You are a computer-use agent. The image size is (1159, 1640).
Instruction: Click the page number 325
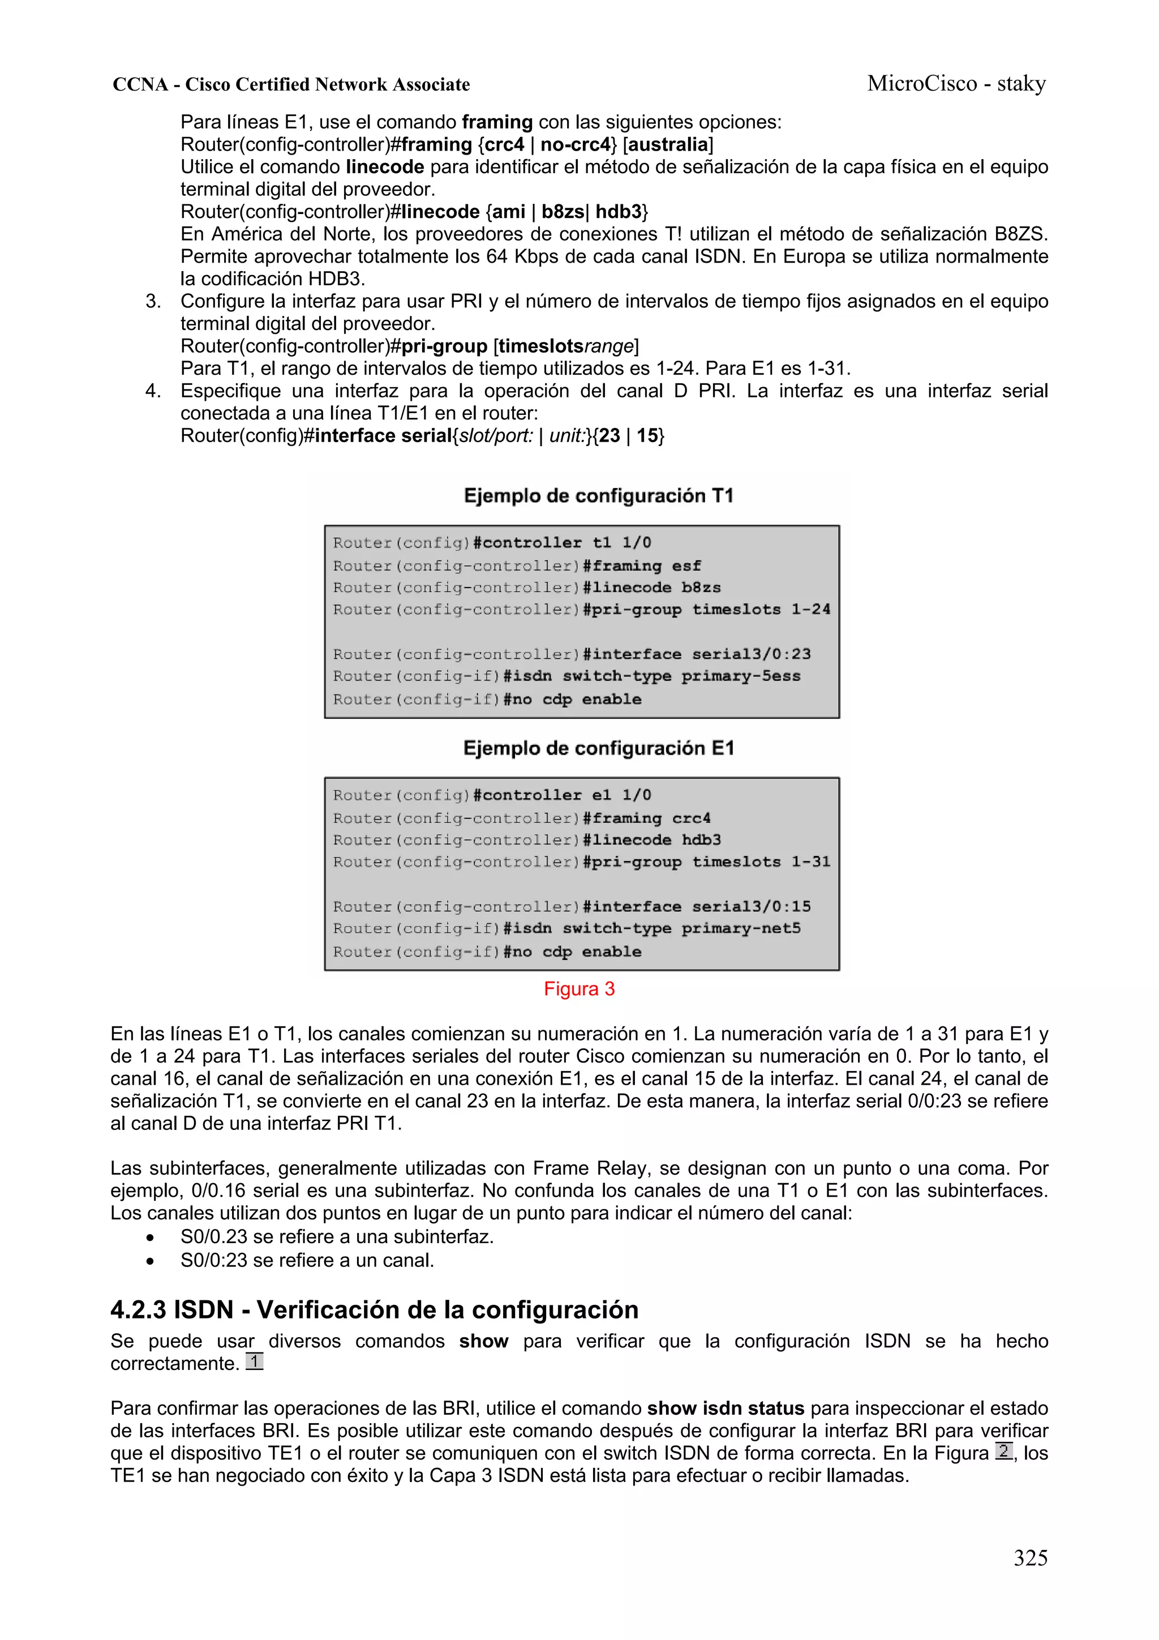(x=1030, y=1557)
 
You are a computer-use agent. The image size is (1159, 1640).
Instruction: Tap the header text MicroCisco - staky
(x=956, y=84)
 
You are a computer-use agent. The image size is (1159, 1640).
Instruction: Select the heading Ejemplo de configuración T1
(x=598, y=496)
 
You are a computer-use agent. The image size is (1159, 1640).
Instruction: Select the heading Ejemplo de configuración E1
(x=598, y=748)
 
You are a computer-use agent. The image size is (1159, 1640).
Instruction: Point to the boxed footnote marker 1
(x=255, y=1361)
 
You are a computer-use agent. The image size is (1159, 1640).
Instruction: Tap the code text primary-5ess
(x=741, y=676)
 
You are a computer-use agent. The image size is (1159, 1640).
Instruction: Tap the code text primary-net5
(x=741, y=928)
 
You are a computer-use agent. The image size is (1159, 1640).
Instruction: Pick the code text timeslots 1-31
(x=761, y=862)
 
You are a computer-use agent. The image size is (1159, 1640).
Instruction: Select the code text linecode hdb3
(x=652, y=840)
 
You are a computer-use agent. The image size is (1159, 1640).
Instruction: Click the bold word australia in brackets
(x=668, y=144)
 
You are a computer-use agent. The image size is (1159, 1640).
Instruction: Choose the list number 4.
(x=152, y=391)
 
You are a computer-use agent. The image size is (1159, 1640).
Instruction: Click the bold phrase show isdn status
(x=725, y=1408)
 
